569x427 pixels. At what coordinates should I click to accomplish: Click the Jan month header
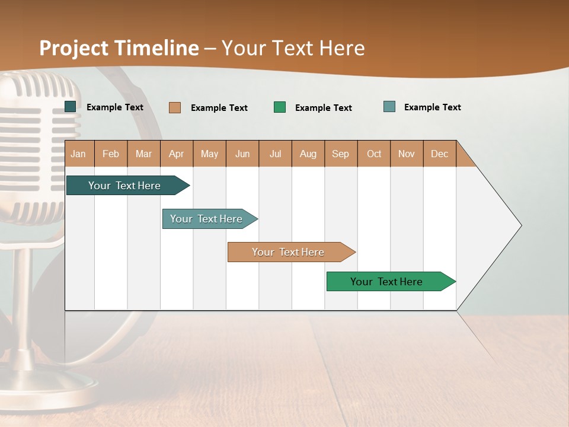tap(79, 154)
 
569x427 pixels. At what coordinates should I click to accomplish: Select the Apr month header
tap(177, 154)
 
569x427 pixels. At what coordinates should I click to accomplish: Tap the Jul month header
tap(275, 154)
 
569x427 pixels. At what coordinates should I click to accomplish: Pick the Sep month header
tap(341, 154)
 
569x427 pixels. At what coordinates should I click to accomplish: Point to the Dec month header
tap(439, 154)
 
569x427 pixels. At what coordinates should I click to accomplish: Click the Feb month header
tap(111, 154)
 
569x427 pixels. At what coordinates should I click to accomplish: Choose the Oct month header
tap(374, 154)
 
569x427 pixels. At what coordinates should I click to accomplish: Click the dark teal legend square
tap(71, 107)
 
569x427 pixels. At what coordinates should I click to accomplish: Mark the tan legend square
tap(175, 107)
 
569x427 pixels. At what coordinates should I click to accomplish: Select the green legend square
tap(280, 107)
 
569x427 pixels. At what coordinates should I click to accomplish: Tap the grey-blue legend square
tap(389, 107)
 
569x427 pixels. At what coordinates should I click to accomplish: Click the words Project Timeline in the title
tap(119, 48)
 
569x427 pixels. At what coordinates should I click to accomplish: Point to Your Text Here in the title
tap(293, 48)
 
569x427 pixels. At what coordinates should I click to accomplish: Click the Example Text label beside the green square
tap(323, 108)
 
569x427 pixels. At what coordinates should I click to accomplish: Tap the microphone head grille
tap(39, 142)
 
